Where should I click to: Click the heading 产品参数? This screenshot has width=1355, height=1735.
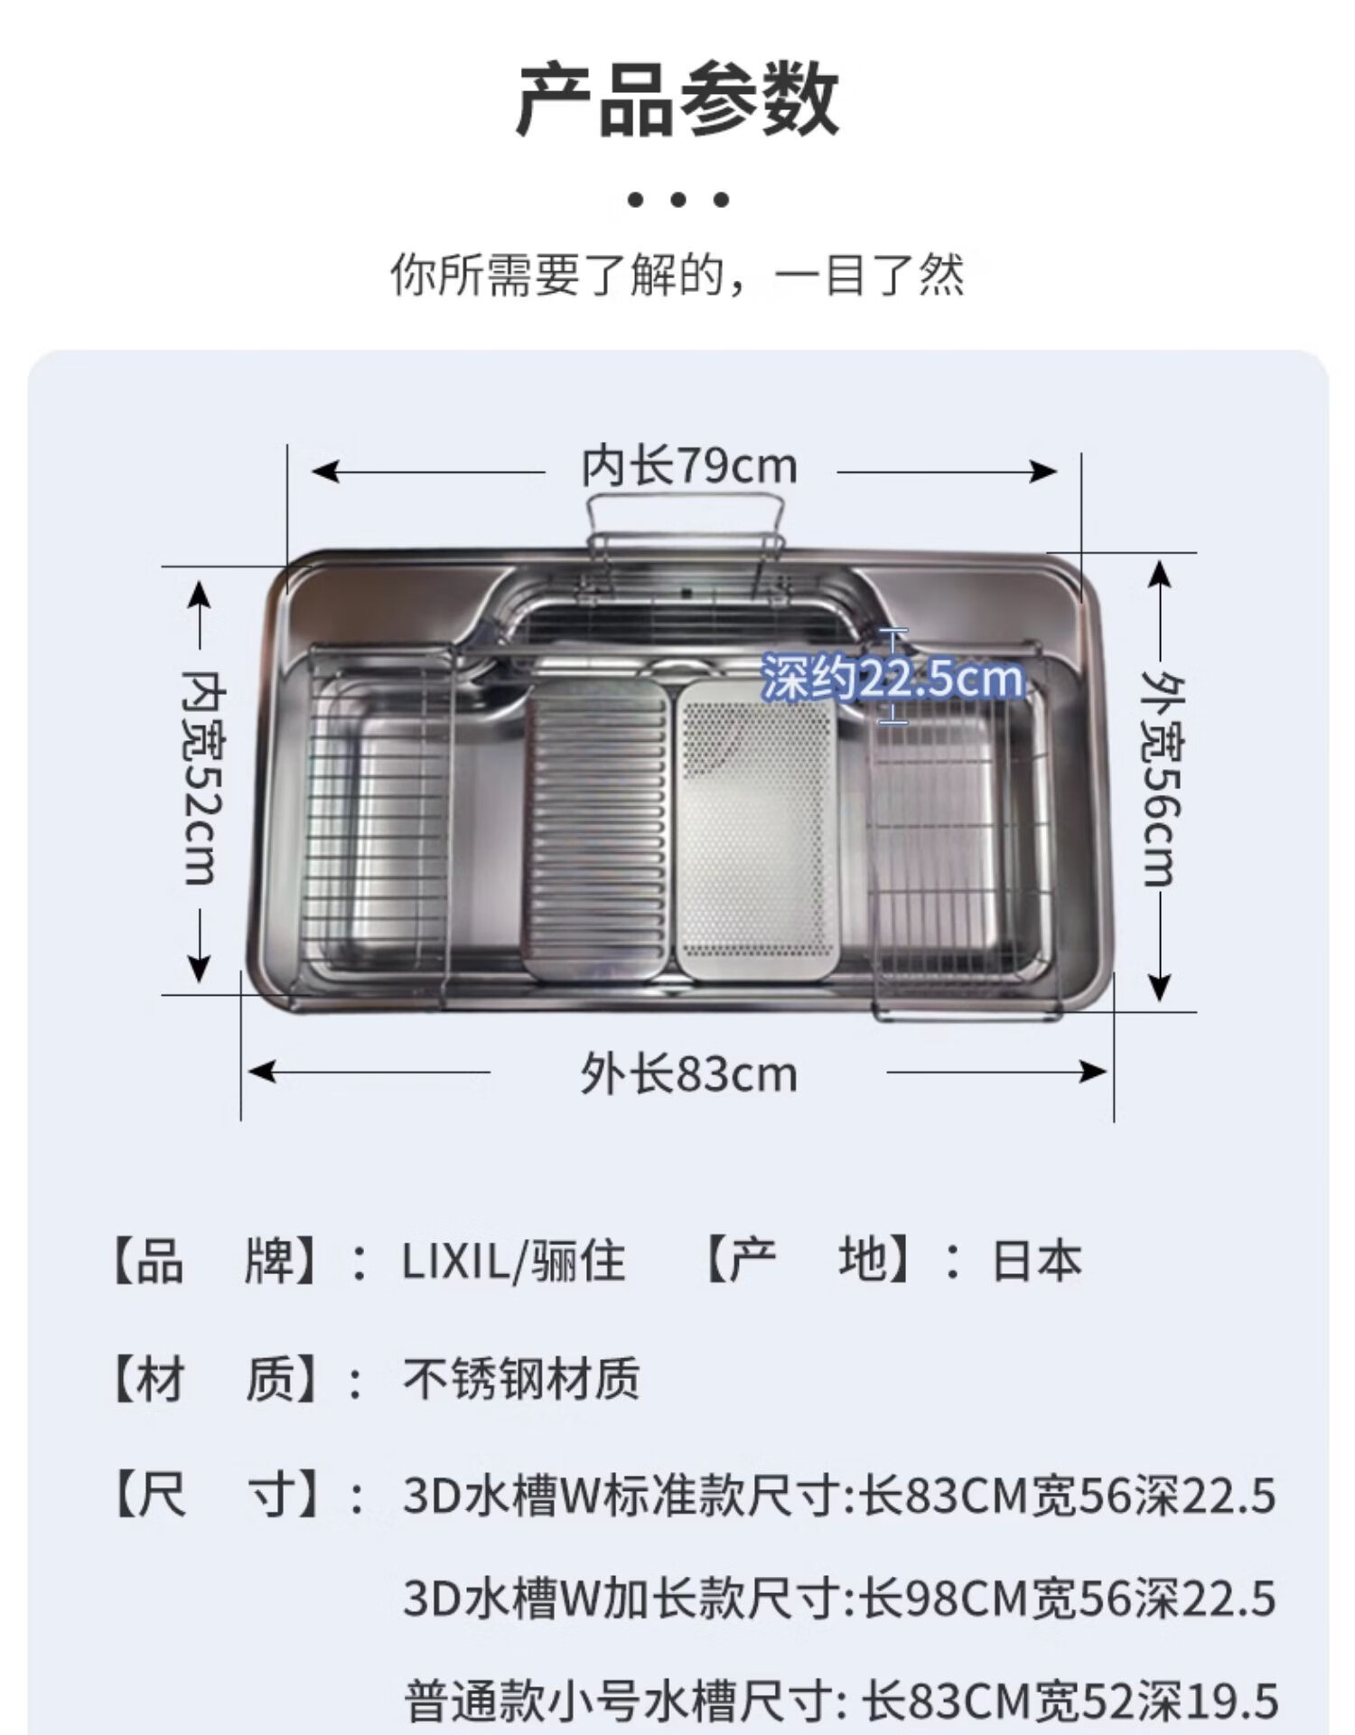pos(677,99)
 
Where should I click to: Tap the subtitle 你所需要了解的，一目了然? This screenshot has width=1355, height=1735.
pos(677,274)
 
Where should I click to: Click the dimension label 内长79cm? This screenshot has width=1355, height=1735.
pos(688,467)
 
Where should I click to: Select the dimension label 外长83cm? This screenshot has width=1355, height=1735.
pos(688,1074)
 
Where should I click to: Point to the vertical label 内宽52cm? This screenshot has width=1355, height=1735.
pos(202,777)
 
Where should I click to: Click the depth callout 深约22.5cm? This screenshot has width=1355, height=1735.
pos(892,678)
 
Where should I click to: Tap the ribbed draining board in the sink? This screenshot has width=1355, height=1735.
pos(598,827)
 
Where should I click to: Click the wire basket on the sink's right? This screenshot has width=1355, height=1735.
pos(958,831)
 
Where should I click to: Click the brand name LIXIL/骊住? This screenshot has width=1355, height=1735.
pos(513,1261)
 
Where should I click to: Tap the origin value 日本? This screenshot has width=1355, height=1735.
pos(1036,1261)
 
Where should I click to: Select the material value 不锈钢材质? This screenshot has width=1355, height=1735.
pos(521,1379)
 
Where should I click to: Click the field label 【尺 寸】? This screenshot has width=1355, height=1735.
pos(217,1496)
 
